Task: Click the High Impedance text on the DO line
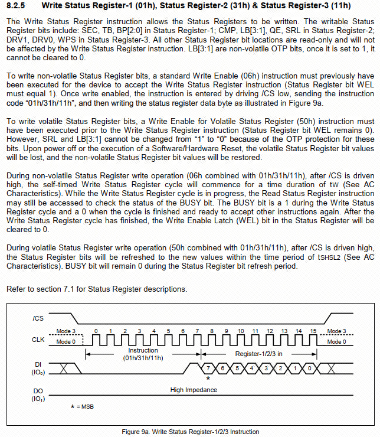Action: point(194,390)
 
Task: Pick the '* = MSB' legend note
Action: point(82,407)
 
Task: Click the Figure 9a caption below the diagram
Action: point(190,432)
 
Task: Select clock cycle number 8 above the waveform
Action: point(212,331)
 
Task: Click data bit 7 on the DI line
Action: point(208,367)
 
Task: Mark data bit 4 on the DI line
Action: point(252,367)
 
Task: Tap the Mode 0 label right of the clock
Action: point(336,342)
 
